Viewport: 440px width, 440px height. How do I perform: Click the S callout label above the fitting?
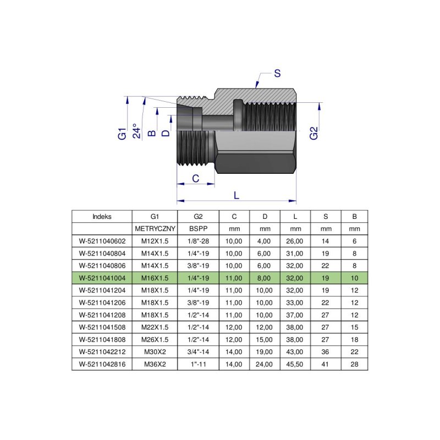click(277, 73)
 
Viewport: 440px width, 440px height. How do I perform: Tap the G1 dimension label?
click(123, 133)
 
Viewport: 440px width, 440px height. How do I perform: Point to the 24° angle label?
click(137, 132)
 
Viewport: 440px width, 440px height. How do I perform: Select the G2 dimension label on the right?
click(313, 133)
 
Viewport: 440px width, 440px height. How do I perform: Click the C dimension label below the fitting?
click(195, 178)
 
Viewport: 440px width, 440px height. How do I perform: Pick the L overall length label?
click(237, 195)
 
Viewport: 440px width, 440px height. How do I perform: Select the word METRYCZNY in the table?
click(155, 228)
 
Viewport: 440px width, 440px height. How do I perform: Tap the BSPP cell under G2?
click(198, 228)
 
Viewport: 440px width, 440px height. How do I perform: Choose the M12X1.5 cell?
click(155, 240)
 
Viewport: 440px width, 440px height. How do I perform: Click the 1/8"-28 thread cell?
click(198, 240)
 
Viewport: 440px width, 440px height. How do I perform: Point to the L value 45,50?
click(295, 364)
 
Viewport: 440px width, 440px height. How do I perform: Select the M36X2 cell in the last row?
click(155, 364)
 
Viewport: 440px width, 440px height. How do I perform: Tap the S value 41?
click(326, 364)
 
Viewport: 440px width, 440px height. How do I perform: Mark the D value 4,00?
click(265, 240)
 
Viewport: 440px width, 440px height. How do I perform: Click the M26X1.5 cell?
click(155, 339)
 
